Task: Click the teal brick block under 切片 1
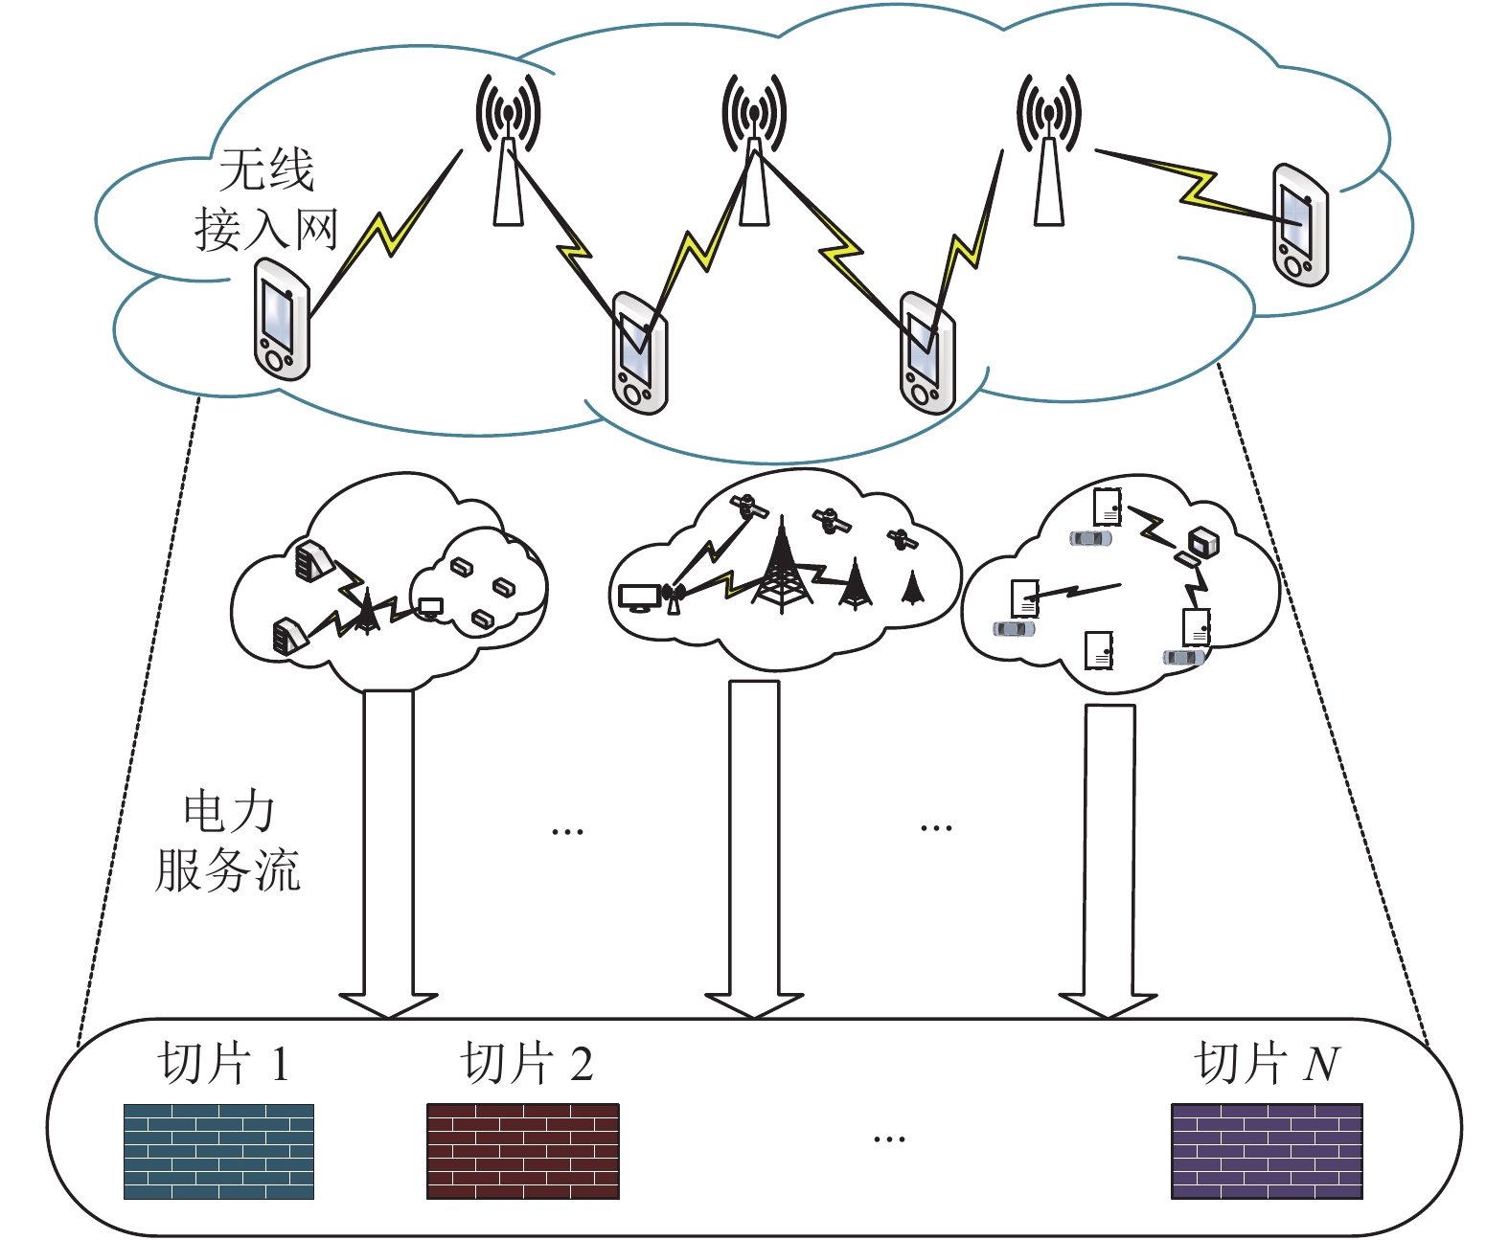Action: click(219, 1151)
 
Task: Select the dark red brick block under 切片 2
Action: click(523, 1151)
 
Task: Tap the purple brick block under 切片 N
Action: click(1268, 1151)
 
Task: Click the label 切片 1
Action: click(224, 1063)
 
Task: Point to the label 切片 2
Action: click(527, 1063)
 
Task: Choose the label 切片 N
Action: click(1268, 1063)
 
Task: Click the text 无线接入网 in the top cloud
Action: click(266, 199)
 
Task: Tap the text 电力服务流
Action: click(228, 843)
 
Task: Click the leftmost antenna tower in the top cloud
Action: click(508, 150)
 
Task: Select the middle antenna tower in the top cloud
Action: click(754, 150)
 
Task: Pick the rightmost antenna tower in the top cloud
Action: click(1049, 150)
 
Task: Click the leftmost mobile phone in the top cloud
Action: click(282, 319)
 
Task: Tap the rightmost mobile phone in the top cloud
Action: click(1300, 225)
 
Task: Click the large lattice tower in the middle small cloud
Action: click(782, 565)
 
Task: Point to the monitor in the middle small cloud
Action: click(639, 597)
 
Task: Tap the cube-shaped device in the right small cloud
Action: click(1203, 542)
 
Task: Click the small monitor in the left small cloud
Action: click(430, 609)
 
